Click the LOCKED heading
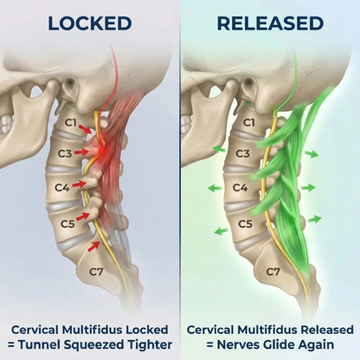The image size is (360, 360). (x=90, y=23)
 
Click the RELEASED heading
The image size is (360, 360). (x=270, y=23)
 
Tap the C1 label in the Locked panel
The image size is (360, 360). (x=71, y=123)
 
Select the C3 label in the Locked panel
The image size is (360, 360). (x=65, y=153)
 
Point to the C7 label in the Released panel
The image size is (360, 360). (x=273, y=272)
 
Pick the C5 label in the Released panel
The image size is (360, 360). (x=246, y=224)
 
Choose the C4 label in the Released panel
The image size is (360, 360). (x=241, y=188)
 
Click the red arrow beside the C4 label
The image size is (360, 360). (x=80, y=183)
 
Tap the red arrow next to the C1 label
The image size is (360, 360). (x=87, y=129)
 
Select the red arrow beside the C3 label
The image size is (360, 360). (x=81, y=151)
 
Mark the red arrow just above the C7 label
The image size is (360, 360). (x=93, y=247)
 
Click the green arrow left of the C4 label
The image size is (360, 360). (x=215, y=189)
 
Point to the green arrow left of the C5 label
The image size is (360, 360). (x=222, y=231)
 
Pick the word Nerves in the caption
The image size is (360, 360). (x=238, y=344)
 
